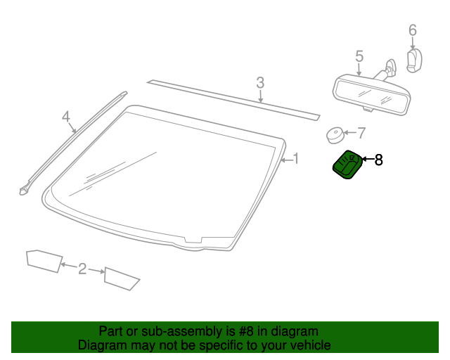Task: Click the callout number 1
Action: tap(296, 159)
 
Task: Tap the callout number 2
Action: tap(82, 268)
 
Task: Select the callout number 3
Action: tap(260, 83)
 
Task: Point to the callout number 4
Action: tap(66, 116)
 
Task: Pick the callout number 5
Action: tap(359, 56)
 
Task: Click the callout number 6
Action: tap(413, 30)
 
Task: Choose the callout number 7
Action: tap(361, 132)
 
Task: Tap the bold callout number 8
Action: tap(378, 160)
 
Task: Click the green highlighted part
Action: tap(347, 166)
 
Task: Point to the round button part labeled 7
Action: tap(335, 134)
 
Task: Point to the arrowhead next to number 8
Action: tap(364, 161)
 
